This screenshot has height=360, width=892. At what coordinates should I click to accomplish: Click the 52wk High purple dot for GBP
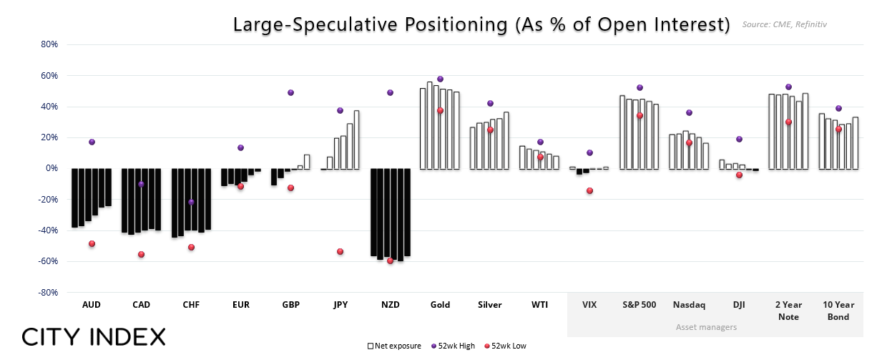(290, 92)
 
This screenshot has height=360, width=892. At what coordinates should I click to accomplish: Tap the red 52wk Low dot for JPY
(340, 251)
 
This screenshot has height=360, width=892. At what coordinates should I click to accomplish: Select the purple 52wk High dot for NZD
(390, 92)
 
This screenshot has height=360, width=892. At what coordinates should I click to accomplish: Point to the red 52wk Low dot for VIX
(589, 190)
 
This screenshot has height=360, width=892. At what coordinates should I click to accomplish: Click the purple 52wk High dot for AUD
(92, 142)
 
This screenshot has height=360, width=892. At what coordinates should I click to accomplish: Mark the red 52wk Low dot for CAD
(141, 254)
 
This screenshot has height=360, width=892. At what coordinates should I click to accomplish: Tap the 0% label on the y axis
(52, 169)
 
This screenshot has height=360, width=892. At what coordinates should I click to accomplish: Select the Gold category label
(440, 305)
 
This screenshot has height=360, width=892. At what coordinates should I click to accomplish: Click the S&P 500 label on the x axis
(639, 305)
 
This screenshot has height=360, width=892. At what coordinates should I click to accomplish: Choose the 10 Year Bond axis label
(838, 311)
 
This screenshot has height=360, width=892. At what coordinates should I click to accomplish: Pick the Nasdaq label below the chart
(689, 305)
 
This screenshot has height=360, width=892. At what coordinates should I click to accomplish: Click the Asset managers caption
(707, 327)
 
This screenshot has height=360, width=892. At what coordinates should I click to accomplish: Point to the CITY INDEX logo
(94, 337)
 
